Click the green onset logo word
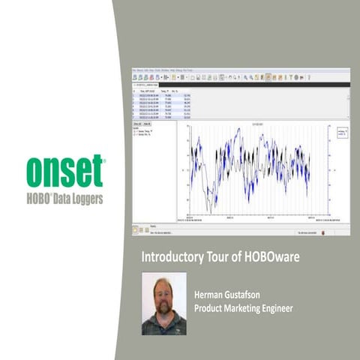click(64, 172)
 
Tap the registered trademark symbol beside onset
click(103, 160)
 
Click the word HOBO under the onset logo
click(43, 199)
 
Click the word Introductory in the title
click(169, 257)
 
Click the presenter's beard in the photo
click(163, 310)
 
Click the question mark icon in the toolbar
click(308, 76)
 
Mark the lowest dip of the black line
click(211, 208)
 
